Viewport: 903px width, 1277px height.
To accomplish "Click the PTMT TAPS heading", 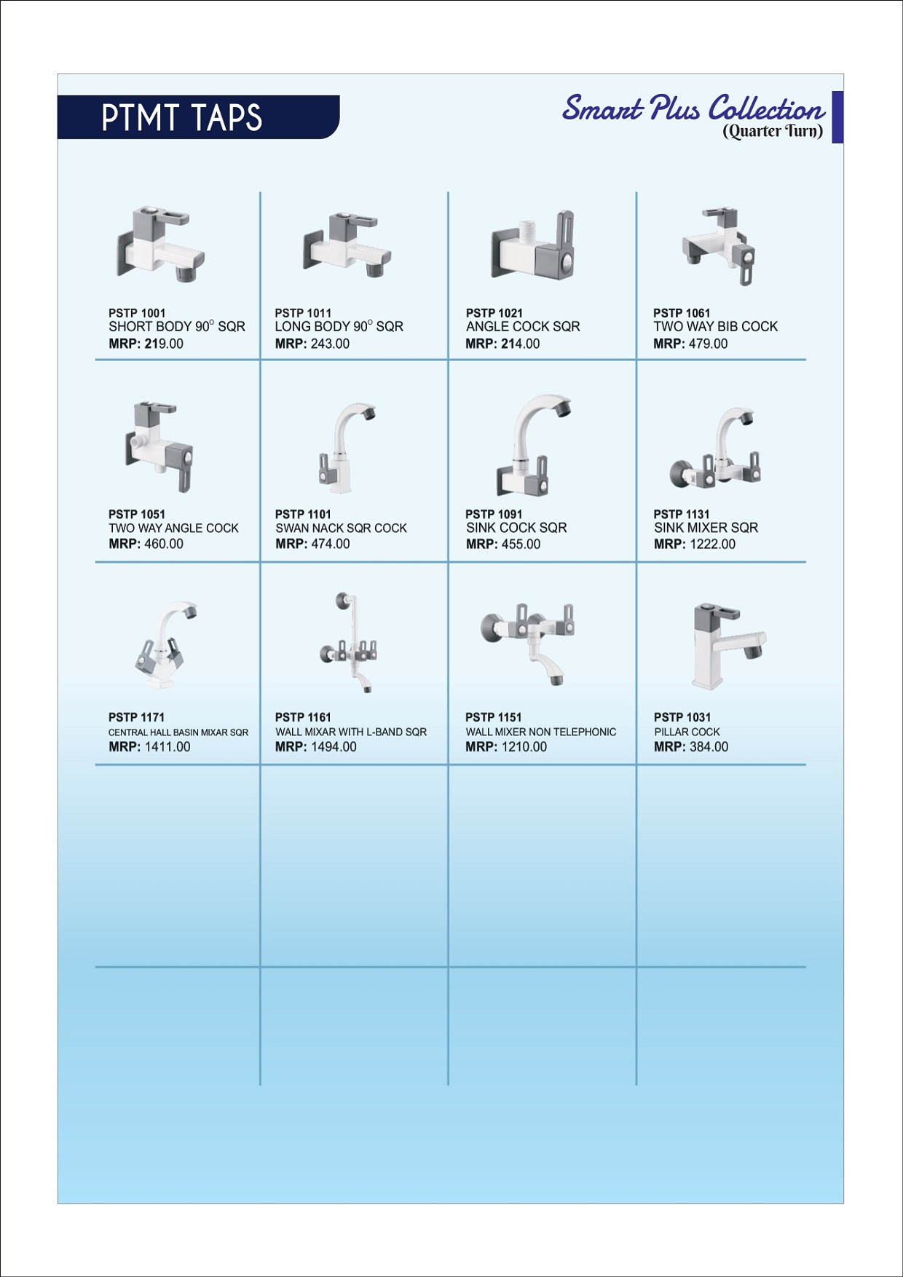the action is [181, 117].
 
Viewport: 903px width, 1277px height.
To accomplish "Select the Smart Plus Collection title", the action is [694, 108].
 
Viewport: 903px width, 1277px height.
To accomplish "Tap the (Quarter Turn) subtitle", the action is [773, 131].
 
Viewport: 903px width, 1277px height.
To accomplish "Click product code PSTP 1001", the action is [137, 313].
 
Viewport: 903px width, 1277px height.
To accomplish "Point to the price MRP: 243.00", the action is [312, 344].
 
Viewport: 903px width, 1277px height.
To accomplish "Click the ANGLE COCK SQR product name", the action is [523, 327].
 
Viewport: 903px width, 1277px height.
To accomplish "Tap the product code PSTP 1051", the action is [137, 514].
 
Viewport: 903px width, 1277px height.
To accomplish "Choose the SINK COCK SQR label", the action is [516, 528].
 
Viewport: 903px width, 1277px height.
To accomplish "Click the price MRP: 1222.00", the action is [695, 544].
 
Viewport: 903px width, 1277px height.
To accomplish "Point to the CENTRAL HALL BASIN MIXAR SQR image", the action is [166, 644].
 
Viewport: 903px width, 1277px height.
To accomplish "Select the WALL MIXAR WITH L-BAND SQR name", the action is [351, 732].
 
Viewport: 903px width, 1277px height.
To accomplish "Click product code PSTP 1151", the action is [494, 717].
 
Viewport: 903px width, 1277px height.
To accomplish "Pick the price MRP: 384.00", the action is [691, 747].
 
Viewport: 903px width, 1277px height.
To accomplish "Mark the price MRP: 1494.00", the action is [316, 747].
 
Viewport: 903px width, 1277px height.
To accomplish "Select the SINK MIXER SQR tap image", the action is [716, 448].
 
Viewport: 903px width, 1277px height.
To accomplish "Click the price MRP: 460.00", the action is [146, 544].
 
